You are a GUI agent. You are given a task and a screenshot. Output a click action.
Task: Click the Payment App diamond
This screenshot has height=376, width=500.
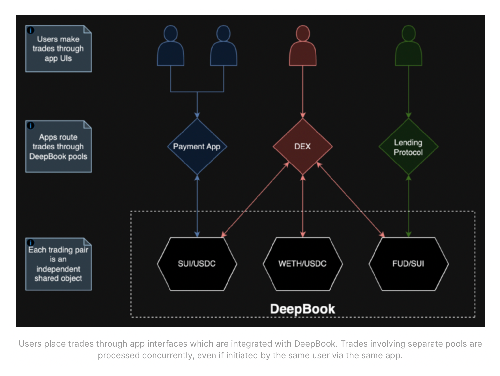click(x=197, y=147)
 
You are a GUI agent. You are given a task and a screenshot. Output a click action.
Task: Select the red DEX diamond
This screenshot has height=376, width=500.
click(x=302, y=147)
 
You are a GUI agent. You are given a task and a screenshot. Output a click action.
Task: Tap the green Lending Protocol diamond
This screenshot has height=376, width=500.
click(x=408, y=147)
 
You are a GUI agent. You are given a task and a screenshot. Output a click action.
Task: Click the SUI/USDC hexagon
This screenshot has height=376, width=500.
click(x=197, y=264)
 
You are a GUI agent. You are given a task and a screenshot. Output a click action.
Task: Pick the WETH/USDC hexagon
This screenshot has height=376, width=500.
click(x=302, y=264)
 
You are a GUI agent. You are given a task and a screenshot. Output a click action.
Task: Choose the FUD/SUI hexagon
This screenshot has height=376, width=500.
click(x=408, y=264)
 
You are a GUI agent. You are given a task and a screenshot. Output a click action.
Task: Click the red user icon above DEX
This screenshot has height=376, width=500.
click(x=303, y=47)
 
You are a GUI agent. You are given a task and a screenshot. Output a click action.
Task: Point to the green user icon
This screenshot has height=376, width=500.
click(x=408, y=47)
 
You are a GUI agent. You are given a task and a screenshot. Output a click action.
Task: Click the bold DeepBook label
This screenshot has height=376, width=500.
click(x=302, y=309)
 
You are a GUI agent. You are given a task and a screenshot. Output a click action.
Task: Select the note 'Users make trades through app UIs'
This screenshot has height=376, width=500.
click(x=58, y=49)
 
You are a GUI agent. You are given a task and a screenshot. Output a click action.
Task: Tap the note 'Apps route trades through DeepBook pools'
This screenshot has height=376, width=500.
click(x=58, y=147)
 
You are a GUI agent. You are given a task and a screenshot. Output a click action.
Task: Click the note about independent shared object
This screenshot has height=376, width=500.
click(x=58, y=264)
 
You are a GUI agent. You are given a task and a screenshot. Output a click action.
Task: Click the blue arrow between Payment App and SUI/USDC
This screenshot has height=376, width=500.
click(x=197, y=206)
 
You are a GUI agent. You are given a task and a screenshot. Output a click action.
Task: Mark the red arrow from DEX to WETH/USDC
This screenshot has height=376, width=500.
click(x=303, y=206)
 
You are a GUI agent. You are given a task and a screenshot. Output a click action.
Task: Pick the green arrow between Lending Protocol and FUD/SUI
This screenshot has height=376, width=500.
click(x=408, y=206)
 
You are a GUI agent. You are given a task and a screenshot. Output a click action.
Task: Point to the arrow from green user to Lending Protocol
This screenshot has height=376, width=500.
click(x=408, y=91)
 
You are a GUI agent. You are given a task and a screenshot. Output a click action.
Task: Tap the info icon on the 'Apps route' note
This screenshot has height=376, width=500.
click(x=30, y=125)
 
